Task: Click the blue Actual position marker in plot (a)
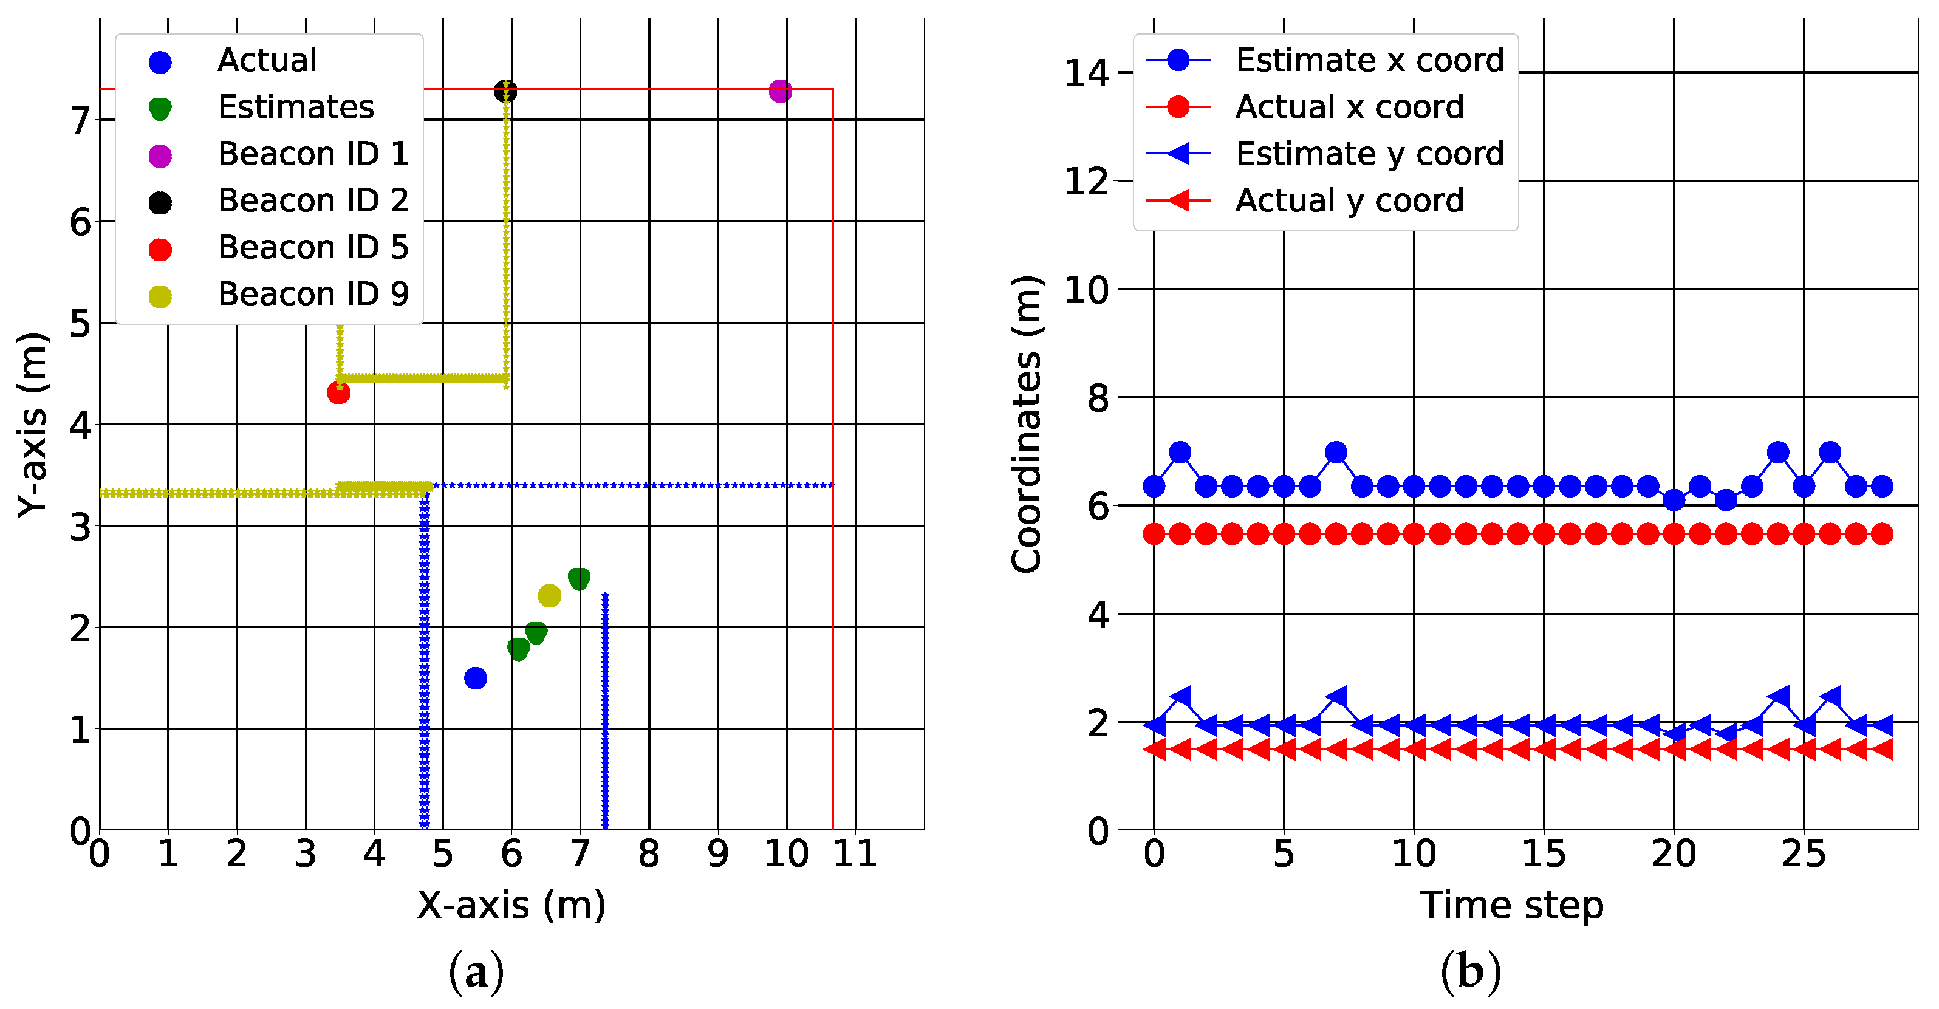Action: point(475,679)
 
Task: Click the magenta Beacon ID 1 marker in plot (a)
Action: point(781,91)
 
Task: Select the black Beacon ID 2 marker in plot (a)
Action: point(505,92)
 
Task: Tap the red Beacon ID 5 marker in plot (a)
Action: point(339,392)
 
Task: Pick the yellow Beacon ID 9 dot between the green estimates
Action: point(550,595)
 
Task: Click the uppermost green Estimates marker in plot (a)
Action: point(579,578)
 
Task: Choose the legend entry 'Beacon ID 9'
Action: point(312,295)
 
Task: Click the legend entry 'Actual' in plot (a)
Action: point(267,61)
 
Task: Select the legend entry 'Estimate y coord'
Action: point(1369,154)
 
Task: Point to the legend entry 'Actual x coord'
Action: point(1349,108)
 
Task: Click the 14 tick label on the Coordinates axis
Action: point(1086,74)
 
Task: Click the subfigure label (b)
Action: point(1470,971)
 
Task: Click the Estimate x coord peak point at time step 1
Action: point(1180,453)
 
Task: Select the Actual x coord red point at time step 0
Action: point(1154,535)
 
